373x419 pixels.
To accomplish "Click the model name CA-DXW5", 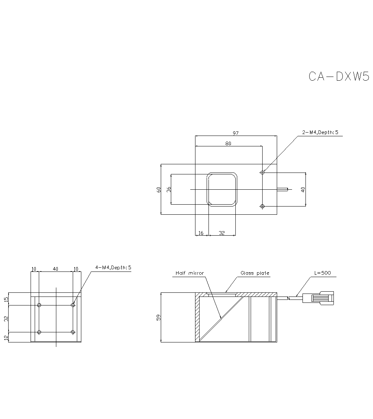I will pos(339,76).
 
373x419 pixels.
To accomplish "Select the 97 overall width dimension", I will pos(235,133).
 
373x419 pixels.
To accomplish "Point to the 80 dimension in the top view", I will pos(228,143).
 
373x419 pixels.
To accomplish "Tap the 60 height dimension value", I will pos(159,189).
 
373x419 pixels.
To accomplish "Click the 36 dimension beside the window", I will pos(169,189).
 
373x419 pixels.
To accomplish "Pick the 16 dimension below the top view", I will pos(201,233).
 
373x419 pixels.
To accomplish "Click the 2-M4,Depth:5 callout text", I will pos(320,133).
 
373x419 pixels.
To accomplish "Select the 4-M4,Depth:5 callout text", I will pos(113,268).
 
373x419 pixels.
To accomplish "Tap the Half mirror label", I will pos(190,273).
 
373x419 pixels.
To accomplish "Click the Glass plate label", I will pos(255,273).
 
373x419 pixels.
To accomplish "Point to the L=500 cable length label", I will pos(323,273).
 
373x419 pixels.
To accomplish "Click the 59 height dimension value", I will pos(159,318).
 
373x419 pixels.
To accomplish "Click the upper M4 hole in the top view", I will pos(263,173).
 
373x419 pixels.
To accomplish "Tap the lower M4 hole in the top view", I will pos(263,206).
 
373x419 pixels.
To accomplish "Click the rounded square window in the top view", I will pos(222,189).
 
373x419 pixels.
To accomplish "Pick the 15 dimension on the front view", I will pos(6,299).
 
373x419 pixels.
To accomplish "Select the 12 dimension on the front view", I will pos(6,338).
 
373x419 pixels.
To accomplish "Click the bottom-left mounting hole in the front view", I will pos(39,332).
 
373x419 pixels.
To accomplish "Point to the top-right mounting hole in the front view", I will pos(73,305).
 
